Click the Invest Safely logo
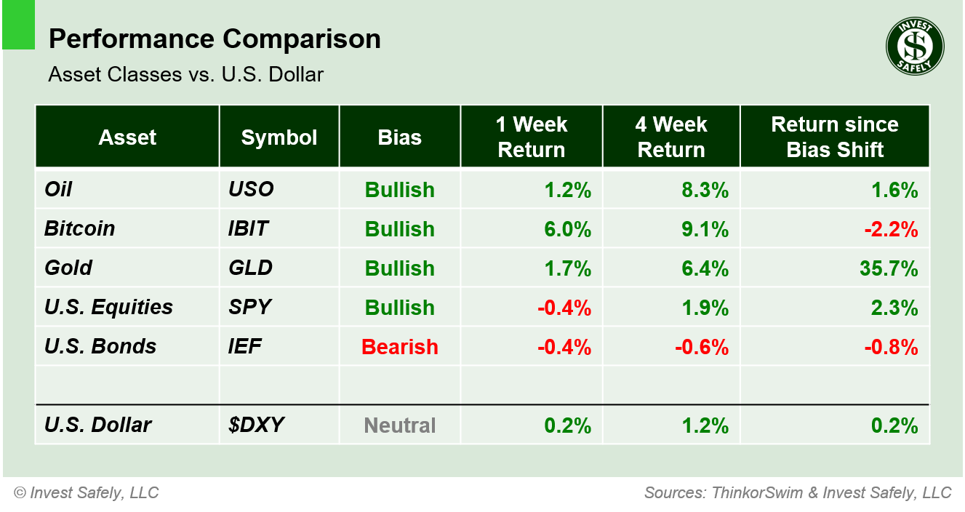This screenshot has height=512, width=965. tap(914, 47)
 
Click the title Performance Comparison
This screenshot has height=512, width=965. tap(215, 39)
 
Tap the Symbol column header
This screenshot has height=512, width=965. tap(279, 137)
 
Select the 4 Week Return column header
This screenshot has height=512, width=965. tap(670, 137)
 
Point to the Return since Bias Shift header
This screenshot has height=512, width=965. tap(834, 137)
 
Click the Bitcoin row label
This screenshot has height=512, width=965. tap(79, 228)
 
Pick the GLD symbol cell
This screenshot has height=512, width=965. tap(250, 268)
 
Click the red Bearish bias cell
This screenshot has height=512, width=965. tap(399, 347)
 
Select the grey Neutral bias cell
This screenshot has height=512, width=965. tap(399, 425)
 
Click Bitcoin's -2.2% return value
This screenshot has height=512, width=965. tap(891, 229)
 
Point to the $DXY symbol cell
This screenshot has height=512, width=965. tap(255, 425)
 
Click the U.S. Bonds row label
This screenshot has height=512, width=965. tap(100, 346)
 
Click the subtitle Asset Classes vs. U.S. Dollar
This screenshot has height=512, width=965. tap(185, 74)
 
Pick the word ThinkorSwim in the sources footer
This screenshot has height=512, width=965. tap(757, 493)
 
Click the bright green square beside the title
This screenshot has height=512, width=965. tap(18, 25)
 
